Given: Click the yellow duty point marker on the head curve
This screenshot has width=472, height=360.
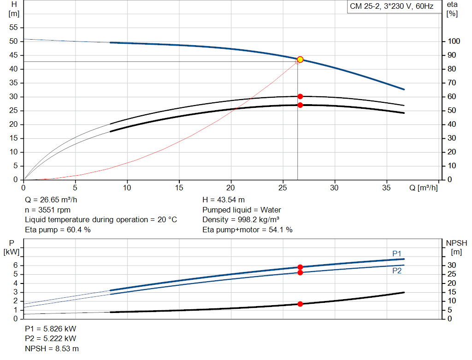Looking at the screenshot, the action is [x=300, y=59].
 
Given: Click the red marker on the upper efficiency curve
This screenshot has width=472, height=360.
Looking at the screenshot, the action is [x=300, y=96].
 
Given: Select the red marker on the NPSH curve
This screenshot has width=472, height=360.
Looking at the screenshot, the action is [x=300, y=304].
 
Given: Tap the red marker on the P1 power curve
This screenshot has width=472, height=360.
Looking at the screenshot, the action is [x=300, y=267].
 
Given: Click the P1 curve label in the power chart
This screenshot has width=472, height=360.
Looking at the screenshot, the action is [x=397, y=254].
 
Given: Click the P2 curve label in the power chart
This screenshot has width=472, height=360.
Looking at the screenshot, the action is [x=397, y=271].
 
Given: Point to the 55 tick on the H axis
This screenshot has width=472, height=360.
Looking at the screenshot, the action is [x=13, y=27].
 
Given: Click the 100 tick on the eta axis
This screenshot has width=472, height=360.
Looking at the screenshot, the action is [x=454, y=41].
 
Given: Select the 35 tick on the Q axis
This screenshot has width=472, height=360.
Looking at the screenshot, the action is [x=387, y=188].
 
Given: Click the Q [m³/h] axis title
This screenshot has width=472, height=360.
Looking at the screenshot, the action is [x=423, y=188].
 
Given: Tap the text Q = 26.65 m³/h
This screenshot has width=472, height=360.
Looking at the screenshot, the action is [x=51, y=200].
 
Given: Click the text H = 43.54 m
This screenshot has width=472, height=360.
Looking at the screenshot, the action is [x=224, y=200].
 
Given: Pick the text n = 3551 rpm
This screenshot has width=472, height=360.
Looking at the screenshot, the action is [x=47, y=210].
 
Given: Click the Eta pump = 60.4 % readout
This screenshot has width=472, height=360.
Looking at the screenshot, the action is [x=58, y=230].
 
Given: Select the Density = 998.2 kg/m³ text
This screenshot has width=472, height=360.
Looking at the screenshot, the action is [x=241, y=220].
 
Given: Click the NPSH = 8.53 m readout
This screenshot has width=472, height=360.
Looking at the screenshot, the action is [x=52, y=348].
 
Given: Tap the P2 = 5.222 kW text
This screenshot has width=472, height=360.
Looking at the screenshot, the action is [x=51, y=338].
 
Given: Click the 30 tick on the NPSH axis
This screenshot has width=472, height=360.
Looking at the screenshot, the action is [x=452, y=265].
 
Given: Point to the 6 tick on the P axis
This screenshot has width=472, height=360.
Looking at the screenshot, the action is [x=16, y=265].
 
